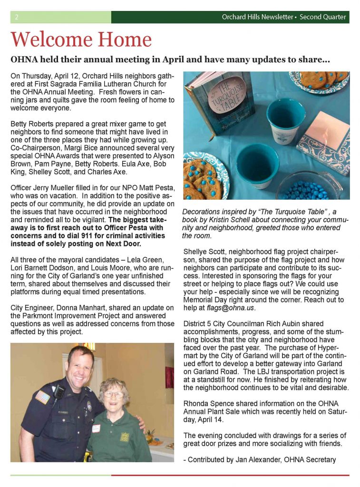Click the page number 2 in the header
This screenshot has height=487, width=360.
tap(17, 17)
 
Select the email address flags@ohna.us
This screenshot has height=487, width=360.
tap(227, 308)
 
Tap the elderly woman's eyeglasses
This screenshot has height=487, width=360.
tap(113, 394)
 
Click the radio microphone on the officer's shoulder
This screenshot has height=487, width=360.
tap(58, 391)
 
